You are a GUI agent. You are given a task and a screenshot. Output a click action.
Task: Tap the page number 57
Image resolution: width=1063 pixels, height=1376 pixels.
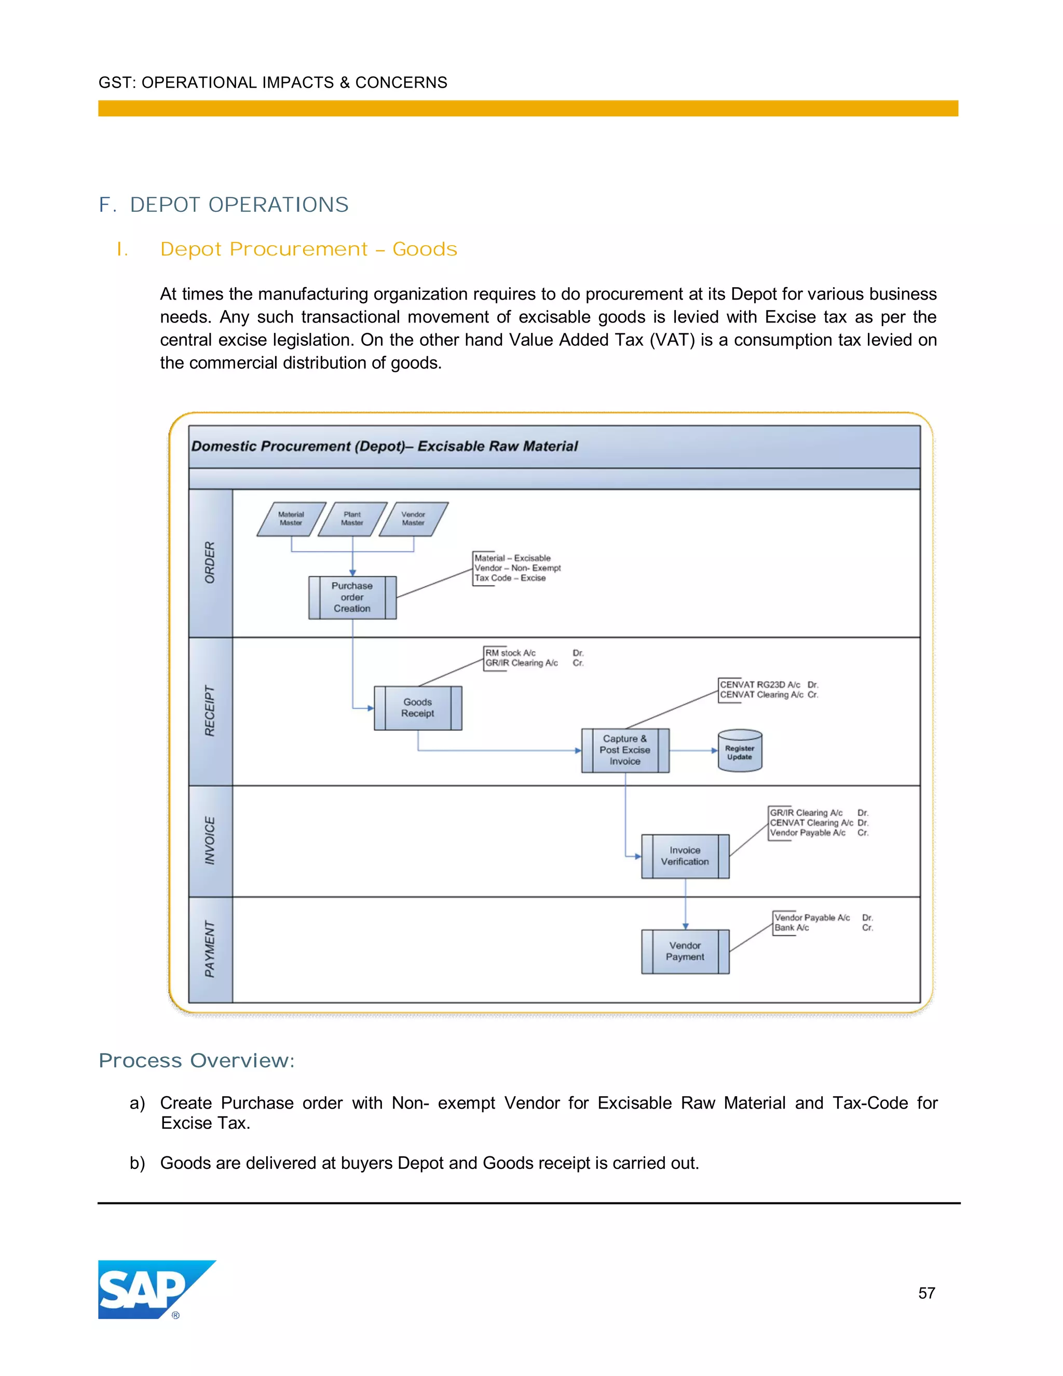coord(926,1293)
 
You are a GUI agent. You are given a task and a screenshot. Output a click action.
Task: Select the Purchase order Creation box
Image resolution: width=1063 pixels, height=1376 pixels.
coord(352,597)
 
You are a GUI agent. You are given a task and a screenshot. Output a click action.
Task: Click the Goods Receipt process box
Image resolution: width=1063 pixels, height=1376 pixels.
coord(417,708)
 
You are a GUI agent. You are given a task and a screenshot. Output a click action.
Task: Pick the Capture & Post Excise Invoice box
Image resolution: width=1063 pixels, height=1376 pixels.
coord(625,750)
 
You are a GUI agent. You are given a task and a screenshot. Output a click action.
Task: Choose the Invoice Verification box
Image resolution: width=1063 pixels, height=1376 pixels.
coord(685,856)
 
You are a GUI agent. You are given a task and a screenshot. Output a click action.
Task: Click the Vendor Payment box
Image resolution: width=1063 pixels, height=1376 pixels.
coord(685,951)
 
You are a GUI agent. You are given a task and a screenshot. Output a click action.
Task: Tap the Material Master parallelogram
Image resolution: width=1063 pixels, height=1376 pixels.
coord(291,519)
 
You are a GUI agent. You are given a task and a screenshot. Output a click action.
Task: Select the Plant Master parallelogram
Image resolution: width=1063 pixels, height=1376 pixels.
coord(352,519)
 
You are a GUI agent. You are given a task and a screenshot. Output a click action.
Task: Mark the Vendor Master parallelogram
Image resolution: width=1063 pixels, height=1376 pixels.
coord(413,519)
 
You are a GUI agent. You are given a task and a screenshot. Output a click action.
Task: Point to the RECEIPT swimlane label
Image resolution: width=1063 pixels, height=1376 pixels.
coord(210,711)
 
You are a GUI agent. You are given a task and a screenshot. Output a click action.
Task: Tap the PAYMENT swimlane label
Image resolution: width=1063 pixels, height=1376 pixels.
coord(210,949)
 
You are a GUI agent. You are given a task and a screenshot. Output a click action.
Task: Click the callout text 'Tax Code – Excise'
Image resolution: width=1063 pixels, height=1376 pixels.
coord(510,578)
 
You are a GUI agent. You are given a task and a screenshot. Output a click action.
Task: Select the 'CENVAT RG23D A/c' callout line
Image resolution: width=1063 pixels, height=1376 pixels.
coord(760,684)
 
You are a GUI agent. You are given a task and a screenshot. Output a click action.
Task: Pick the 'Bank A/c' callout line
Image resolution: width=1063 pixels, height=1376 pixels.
coord(792,927)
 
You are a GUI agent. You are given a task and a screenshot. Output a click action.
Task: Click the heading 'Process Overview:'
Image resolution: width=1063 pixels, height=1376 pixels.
coord(197,1060)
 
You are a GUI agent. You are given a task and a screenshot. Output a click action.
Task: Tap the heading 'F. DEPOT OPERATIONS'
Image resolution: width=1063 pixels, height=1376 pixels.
coord(224,205)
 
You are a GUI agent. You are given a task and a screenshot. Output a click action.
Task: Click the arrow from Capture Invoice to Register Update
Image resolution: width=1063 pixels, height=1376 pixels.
coord(693,750)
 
